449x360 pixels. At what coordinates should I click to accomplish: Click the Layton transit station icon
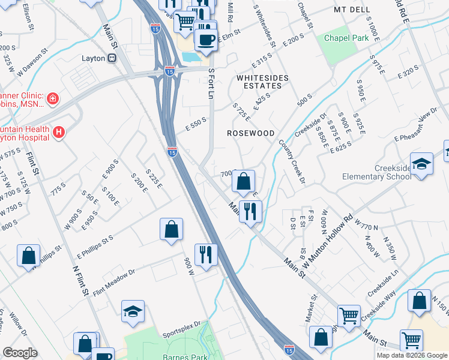(112, 58)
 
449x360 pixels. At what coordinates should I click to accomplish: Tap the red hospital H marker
(59, 132)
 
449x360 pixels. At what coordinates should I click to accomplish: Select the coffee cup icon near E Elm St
(207, 40)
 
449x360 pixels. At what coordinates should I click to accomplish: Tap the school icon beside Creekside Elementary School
(422, 164)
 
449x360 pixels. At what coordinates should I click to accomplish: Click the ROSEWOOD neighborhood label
(250, 133)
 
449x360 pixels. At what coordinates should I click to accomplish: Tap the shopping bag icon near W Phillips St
(29, 256)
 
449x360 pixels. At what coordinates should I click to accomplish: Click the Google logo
(20, 353)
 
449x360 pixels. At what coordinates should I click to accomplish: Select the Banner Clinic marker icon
(53, 98)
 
